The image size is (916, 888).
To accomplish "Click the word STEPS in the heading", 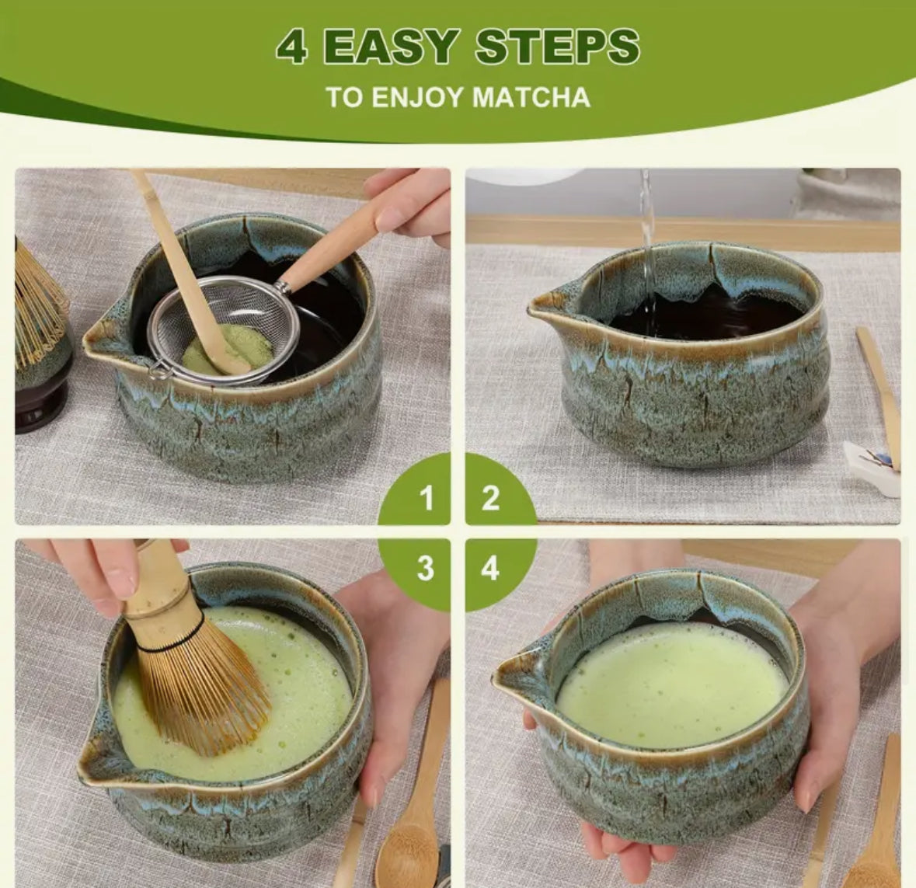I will [x=557, y=48].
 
